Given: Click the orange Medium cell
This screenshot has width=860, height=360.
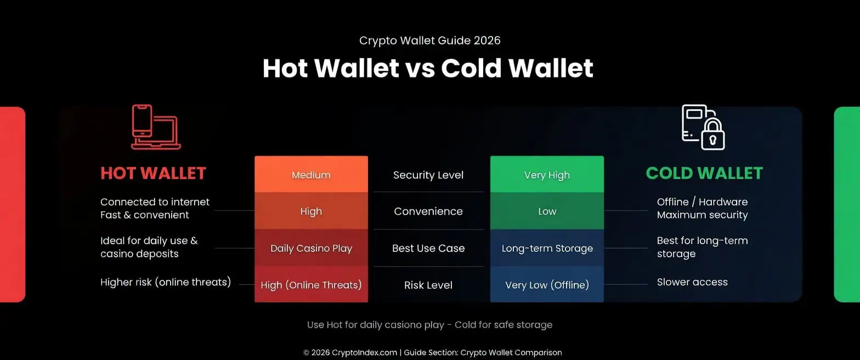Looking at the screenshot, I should point(311,175).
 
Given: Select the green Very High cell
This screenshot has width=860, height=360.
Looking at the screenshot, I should point(547,175).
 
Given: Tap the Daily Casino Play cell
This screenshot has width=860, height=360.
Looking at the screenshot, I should point(311,248).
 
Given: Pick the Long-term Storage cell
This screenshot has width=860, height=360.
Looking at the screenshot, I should point(547,248).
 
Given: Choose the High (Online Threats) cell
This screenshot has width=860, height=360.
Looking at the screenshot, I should point(311,285).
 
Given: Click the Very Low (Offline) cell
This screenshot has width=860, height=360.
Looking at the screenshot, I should point(547,285).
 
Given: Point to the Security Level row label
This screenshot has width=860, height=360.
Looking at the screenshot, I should point(428,175).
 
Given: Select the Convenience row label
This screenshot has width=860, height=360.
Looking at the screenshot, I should point(428,211).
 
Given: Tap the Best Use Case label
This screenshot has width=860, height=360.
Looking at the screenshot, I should point(428,248).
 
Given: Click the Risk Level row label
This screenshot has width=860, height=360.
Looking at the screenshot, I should point(428,285).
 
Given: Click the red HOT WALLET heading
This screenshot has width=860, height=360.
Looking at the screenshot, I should point(153,173).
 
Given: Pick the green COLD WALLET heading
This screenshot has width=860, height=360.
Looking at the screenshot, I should point(704,173).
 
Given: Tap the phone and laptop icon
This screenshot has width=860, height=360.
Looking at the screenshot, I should point(156,127).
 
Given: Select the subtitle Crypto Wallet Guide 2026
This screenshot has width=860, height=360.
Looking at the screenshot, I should point(429,41).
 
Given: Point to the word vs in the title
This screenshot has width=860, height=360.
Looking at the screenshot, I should point(420,69).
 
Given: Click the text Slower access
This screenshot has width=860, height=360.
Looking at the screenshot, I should point(692,282).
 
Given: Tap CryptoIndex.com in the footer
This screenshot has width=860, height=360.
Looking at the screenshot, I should point(365,353).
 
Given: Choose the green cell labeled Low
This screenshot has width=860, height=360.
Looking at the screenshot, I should point(547,211).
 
